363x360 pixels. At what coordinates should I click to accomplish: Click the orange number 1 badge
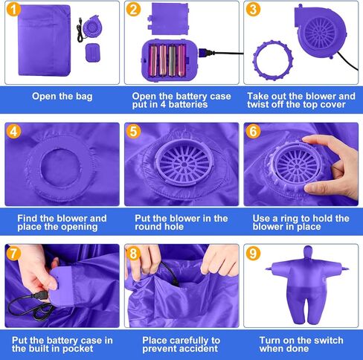coord(13,9)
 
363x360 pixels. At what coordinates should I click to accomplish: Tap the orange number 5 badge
coord(133,131)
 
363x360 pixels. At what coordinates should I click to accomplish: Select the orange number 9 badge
coord(253,254)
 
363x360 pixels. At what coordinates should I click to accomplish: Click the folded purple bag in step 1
coord(45,40)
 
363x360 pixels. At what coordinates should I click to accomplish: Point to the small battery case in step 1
coord(93,53)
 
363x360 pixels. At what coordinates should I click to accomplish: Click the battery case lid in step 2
coord(168,19)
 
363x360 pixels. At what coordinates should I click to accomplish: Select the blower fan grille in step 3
coord(320,32)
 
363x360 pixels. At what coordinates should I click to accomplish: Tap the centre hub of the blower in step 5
coord(184,164)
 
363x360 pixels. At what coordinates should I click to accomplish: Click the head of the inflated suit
coord(308,254)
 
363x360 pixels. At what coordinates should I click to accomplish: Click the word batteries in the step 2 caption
coord(188,104)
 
